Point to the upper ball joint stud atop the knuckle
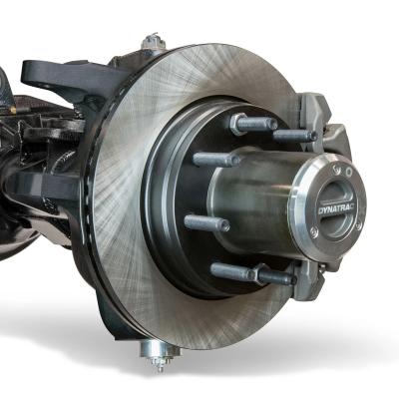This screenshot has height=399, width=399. pos(152,42)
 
